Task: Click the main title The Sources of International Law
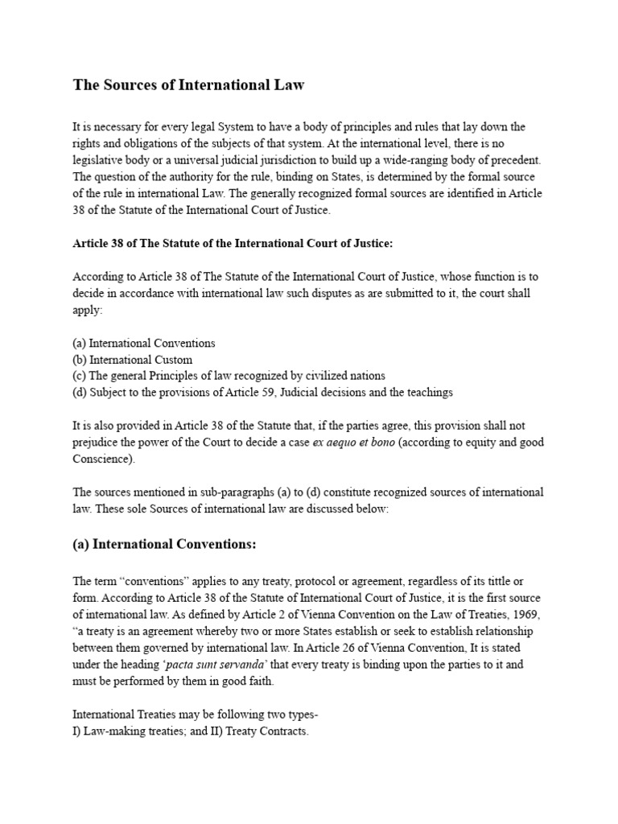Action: [189, 84]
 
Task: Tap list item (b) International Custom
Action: [133, 360]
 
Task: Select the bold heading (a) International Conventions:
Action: [164, 545]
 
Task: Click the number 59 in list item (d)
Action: [304, 393]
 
